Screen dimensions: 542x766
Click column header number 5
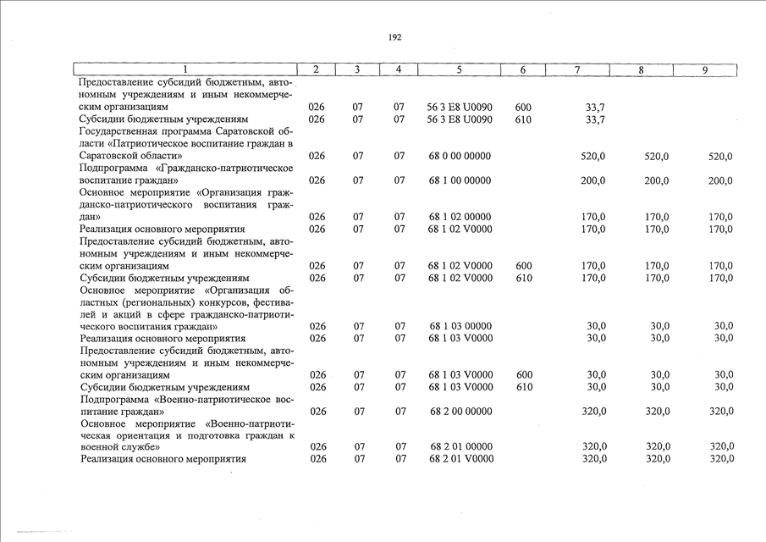(459, 69)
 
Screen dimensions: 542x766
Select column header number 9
(704, 69)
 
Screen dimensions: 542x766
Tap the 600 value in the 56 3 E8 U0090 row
(523, 108)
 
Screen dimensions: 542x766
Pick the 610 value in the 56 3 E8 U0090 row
(523, 119)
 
